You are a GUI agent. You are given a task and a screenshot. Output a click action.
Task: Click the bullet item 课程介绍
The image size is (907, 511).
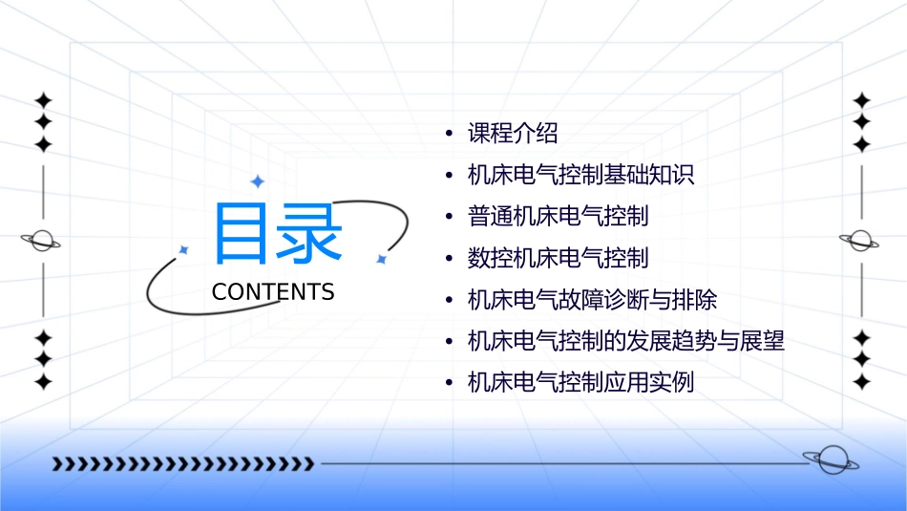click(513, 134)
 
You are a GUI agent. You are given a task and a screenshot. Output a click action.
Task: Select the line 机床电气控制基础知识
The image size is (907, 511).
click(580, 176)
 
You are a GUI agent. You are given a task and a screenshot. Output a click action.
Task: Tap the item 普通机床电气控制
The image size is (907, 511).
click(558, 217)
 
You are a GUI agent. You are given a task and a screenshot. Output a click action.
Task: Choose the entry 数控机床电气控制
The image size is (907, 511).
click(558, 258)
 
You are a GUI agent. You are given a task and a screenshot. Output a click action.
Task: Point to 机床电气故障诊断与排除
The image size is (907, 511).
click(592, 300)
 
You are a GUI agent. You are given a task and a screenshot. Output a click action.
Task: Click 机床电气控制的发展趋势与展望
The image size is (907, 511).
click(625, 341)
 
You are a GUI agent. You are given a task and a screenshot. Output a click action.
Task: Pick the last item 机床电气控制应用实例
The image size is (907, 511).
click(580, 383)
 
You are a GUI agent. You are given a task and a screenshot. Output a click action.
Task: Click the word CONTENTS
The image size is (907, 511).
click(273, 292)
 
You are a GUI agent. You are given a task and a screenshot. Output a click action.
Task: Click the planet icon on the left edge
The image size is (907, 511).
click(41, 241)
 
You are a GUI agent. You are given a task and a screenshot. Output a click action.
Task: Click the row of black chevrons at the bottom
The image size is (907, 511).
click(182, 464)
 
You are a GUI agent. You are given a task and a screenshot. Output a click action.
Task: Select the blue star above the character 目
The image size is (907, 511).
click(256, 181)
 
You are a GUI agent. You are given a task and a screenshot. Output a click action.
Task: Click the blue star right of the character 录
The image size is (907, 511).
click(380, 259)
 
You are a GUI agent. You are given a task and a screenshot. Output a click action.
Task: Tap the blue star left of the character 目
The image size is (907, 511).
click(184, 249)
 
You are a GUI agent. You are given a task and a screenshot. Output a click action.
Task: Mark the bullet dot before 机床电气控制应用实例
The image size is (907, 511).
click(449, 384)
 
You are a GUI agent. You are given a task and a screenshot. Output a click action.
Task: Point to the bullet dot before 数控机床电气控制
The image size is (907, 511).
click(449, 259)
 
